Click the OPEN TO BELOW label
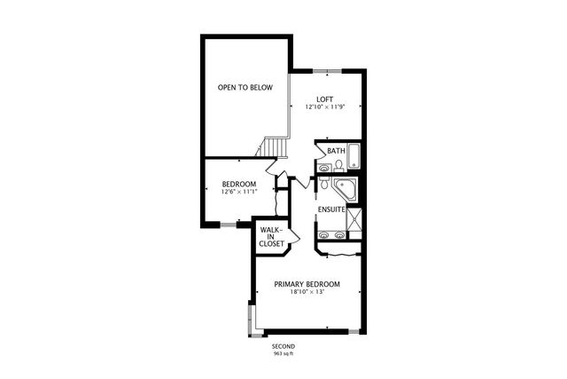pos(245,87)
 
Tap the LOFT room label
pos(324,99)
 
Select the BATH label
pos(335,151)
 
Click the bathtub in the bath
pos(354,156)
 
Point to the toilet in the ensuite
pos(325,186)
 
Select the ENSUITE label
pos(331,209)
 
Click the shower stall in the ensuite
pos(355,218)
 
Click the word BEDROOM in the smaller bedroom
pos(239,184)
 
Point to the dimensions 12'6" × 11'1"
pos(239,192)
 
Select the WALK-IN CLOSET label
pos(271,236)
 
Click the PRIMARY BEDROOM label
pos(307,284)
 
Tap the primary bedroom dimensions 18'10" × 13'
pos(307,293)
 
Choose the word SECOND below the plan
pos(283,346)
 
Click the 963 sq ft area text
pos(283,353)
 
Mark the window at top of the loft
pos(327,69)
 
